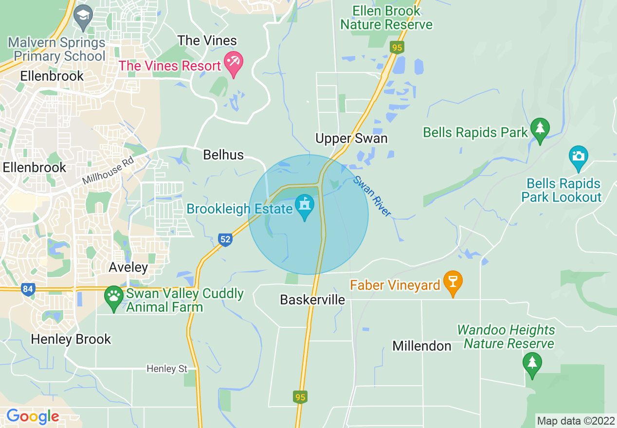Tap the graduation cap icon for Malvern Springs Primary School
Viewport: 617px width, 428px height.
[84, 18]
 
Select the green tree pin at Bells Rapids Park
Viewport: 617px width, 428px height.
[540, 129]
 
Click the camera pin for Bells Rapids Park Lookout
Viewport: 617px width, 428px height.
[578, 157]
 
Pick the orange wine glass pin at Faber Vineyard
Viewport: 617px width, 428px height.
[453, 283]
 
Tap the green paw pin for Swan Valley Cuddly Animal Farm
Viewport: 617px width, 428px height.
[114, 297]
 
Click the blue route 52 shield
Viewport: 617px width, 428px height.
[225, 239]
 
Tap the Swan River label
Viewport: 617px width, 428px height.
[372, 196]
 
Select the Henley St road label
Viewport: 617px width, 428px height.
[167, 369]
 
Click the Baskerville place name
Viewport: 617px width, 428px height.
[312, 300]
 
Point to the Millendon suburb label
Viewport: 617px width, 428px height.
[422, 346]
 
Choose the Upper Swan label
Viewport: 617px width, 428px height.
[351, 139]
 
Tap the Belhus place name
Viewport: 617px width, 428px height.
[223, 155]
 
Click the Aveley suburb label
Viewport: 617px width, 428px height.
[128, 267]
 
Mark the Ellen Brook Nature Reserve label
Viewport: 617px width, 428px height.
[386, 18]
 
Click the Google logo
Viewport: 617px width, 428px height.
[33, 416]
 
